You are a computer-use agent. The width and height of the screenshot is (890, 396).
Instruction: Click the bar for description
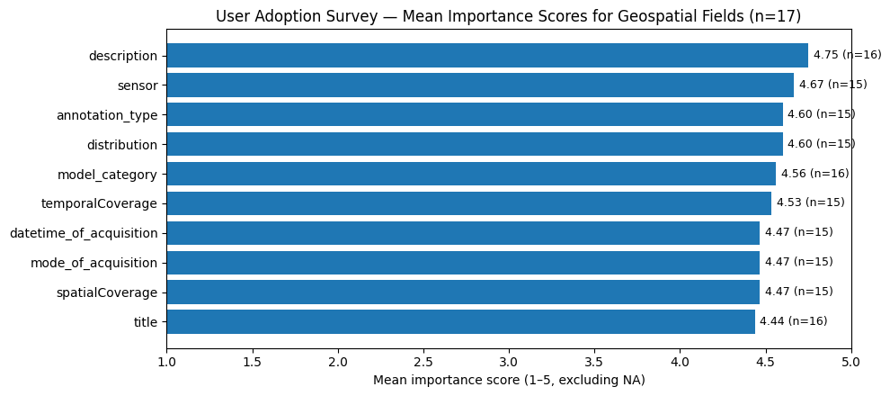486,56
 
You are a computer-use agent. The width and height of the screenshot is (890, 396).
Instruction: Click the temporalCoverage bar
468,203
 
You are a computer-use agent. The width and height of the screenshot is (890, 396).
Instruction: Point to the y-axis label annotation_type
107,115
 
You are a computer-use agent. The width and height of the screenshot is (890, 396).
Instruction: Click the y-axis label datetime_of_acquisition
84,233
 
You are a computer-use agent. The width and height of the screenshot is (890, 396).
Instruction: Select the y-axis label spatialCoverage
107,292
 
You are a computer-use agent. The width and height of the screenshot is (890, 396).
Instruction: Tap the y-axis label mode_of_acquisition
93,263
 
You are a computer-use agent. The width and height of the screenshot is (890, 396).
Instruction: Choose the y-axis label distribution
121,145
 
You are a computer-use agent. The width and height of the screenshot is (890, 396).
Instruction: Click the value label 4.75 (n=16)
847,55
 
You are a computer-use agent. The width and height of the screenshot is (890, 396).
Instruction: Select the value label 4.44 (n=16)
793,321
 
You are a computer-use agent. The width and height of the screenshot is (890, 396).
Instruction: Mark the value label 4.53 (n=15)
810,202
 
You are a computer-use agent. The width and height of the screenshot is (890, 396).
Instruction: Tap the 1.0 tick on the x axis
166,362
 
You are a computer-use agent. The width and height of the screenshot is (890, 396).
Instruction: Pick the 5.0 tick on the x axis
850,362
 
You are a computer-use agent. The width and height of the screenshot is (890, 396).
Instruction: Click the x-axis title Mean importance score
509,381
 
